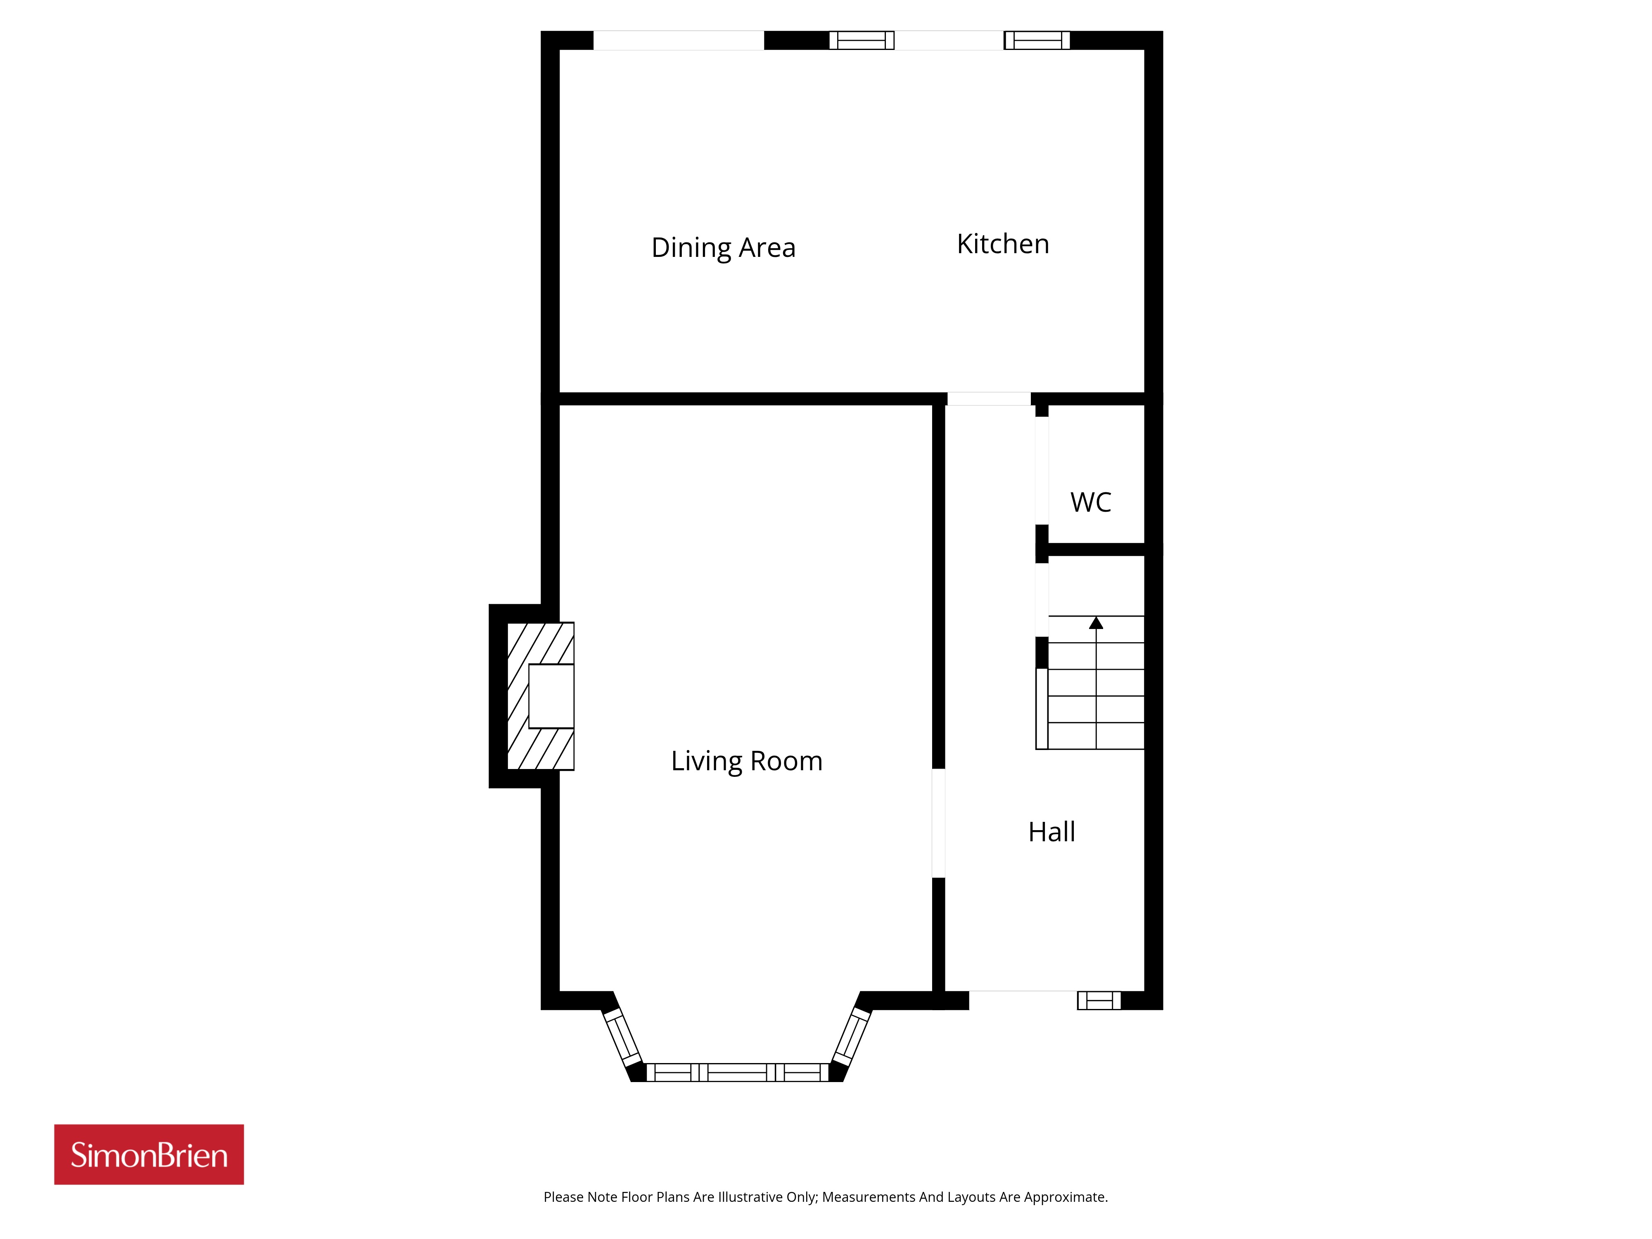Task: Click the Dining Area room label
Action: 723,248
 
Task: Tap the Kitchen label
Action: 1003,244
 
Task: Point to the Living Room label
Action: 747,761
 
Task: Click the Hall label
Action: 1051,832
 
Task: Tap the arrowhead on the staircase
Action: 1096,623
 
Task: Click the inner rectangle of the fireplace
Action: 551,696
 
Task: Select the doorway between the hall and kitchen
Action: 989,399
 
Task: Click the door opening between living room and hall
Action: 939,823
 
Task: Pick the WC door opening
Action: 1042,470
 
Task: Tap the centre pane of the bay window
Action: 737,1073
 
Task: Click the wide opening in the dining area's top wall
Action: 679,40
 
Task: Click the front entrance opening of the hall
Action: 1023,1001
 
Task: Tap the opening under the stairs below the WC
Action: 1042,600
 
